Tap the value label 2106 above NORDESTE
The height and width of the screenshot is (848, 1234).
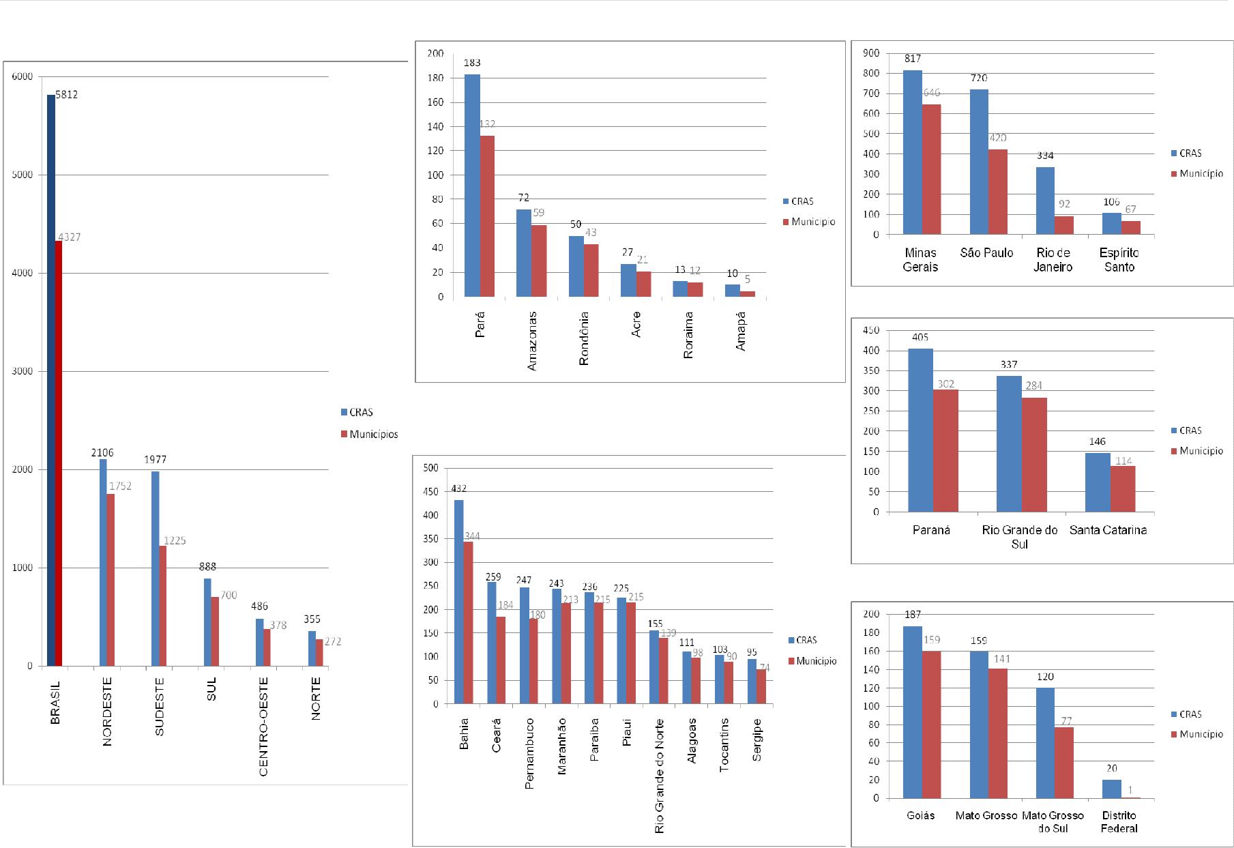coord(102,452)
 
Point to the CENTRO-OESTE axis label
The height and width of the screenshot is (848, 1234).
coord(263,726)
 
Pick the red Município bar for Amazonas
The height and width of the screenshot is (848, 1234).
coord(539,261)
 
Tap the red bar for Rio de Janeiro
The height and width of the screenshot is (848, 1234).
coord(1064,225)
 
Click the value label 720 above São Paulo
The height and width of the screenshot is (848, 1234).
coord(979,78)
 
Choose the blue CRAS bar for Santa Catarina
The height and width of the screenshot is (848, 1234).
coord(1098,482)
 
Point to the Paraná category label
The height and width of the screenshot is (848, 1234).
coord(931,530)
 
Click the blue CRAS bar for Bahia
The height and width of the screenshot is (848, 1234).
coord(459,601)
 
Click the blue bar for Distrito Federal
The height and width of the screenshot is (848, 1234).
coord(1111,789)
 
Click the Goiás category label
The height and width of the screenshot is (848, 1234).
coord(921,815)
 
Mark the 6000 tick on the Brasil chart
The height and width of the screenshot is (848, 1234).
coord(22,77)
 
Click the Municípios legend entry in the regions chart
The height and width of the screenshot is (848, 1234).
coord(372,435)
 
